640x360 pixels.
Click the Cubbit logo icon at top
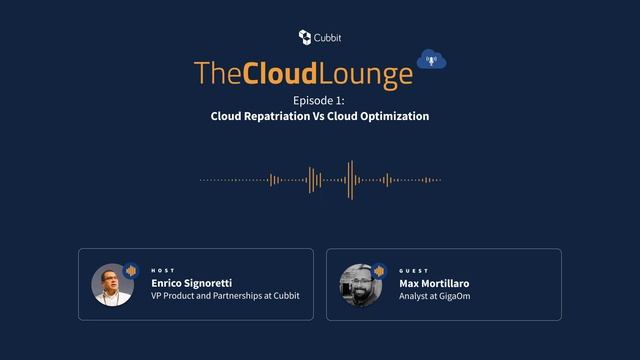[304, 37]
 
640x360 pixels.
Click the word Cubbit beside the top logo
[327, 37]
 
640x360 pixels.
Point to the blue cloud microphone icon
[431, 60]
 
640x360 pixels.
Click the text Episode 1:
[319, 100]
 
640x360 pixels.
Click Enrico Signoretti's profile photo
[112, 285]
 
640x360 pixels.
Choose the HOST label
[162, 270]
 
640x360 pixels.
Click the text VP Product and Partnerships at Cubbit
[225, 296]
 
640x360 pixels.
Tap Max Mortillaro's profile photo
[360, 285]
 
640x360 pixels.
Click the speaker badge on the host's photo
[130, 271]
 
